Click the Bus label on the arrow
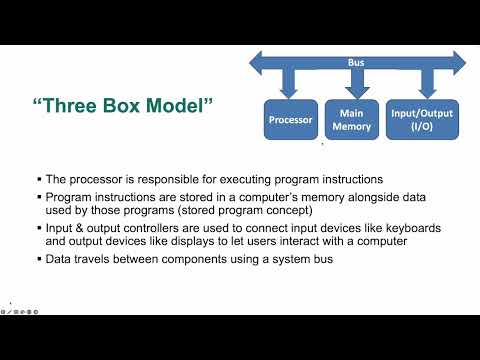tap(356, 62)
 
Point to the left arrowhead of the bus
tap(256, 63)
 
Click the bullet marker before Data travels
tap(36, 259)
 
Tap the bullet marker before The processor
tap(36, 181)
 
